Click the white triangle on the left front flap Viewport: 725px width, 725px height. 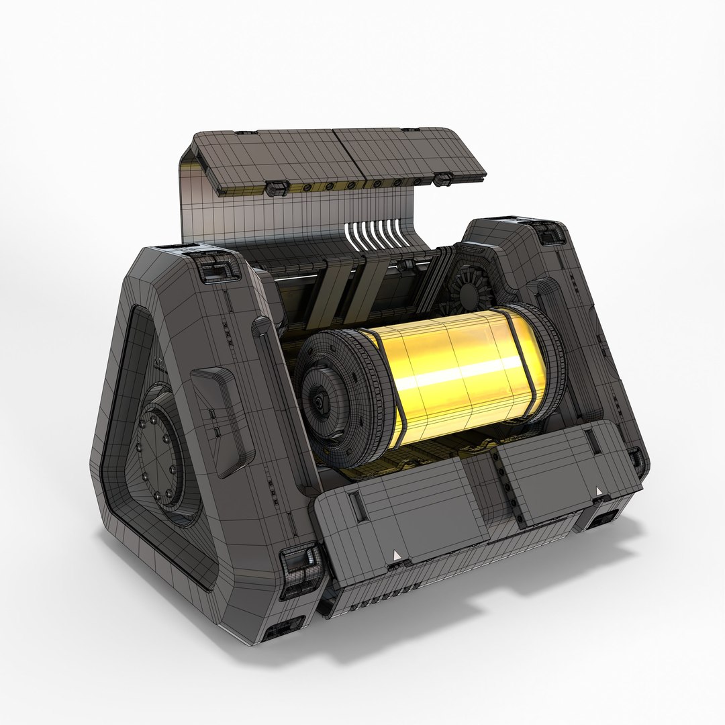tap(397, 554)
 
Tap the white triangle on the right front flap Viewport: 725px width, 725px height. tap(598, 493)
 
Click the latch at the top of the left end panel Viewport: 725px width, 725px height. tap(214, 269)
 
